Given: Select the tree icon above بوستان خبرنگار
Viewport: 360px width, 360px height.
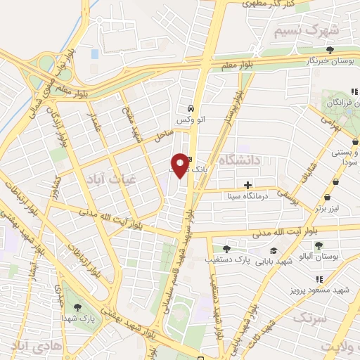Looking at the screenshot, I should pyautogui.click(x=330, y=50).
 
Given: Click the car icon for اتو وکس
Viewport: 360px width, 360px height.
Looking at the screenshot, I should pyautogui.click(x=191, y=108).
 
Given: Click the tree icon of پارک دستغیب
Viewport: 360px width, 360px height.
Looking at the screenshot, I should pyautogui.click(x=226, y=248).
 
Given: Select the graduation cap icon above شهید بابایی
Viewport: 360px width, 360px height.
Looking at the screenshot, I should pyautogui.click(x=273, y=251).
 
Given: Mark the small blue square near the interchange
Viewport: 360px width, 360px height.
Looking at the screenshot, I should pyautogui.click(x=94, y=53).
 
